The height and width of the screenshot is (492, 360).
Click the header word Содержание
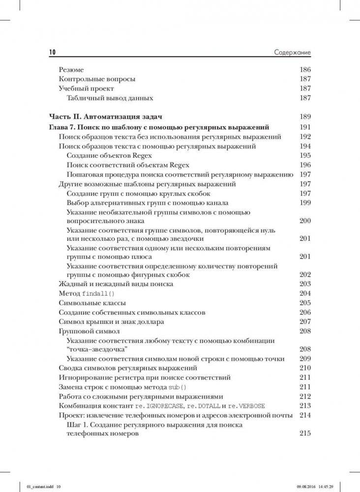pos(292,53)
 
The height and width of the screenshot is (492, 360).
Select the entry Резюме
pos(71,70)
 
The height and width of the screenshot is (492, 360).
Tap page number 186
pos(305,70)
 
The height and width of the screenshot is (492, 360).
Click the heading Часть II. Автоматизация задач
pos(106,117)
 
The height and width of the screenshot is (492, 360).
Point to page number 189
pos(305,117)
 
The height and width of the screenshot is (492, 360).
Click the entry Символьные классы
pos(92,303)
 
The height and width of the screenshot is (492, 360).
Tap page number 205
pos(305,303)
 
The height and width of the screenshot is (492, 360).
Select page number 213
pos(305,406)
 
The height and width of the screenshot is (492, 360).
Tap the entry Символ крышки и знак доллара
pos(111,322)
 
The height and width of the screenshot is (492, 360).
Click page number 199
pos(305,203)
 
